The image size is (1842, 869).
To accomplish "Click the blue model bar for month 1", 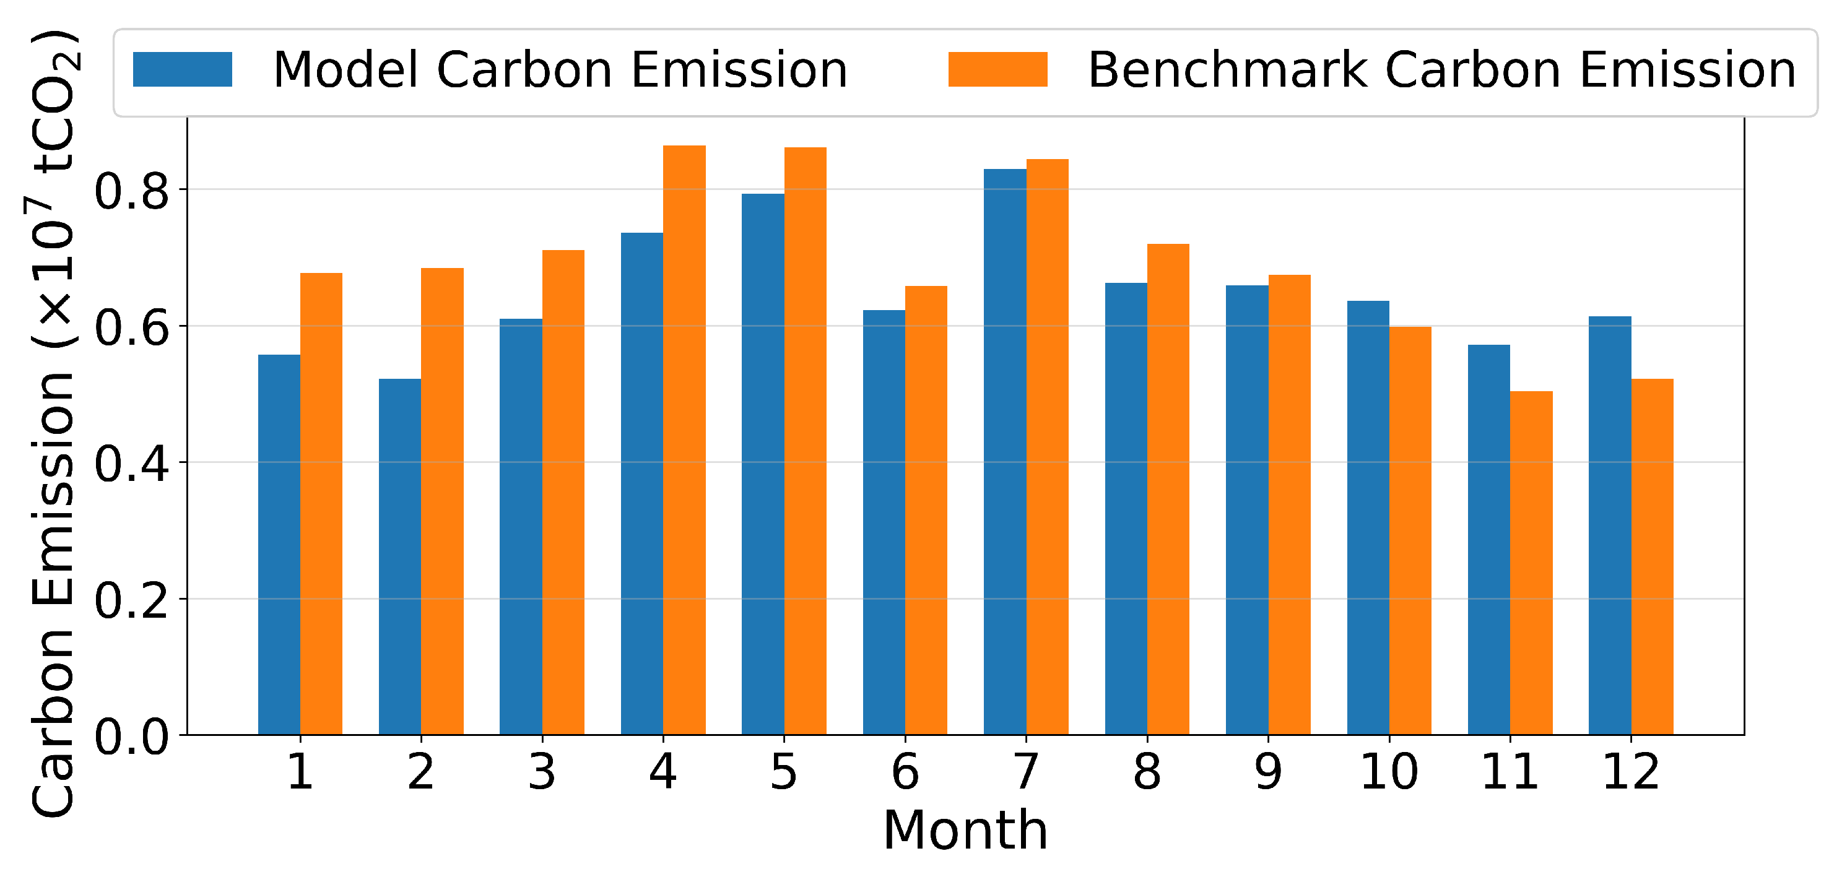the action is (x=279, y=545).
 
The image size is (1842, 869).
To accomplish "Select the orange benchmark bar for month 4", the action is (x=684, y=440).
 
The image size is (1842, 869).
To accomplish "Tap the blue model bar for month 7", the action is (x=1005, y=452).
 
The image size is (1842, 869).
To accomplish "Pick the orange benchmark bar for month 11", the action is (x=1531, y=563).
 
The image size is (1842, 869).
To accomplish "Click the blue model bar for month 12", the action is (x=1610, y=525).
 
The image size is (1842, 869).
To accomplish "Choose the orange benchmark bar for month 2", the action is (x=442, y=502).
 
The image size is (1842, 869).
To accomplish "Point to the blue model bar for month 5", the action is (x=763, y=464).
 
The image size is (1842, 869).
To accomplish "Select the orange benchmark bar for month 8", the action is (x=1168, y=490).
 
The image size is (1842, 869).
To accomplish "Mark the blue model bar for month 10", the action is (x=1368, y=518).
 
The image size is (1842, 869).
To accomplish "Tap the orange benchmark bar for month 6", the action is (x=926, y=510).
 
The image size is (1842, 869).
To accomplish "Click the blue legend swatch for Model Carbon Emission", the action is (x=182, y=69).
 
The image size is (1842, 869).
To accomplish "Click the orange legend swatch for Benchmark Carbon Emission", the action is (x=997, y=69).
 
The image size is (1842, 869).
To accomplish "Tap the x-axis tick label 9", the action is (x=1269, y=772).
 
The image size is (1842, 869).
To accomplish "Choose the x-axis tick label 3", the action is (x=542, y=772).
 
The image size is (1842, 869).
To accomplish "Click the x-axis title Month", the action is (x=965, y=831).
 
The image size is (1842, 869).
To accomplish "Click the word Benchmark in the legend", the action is (x=1227, y=70).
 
